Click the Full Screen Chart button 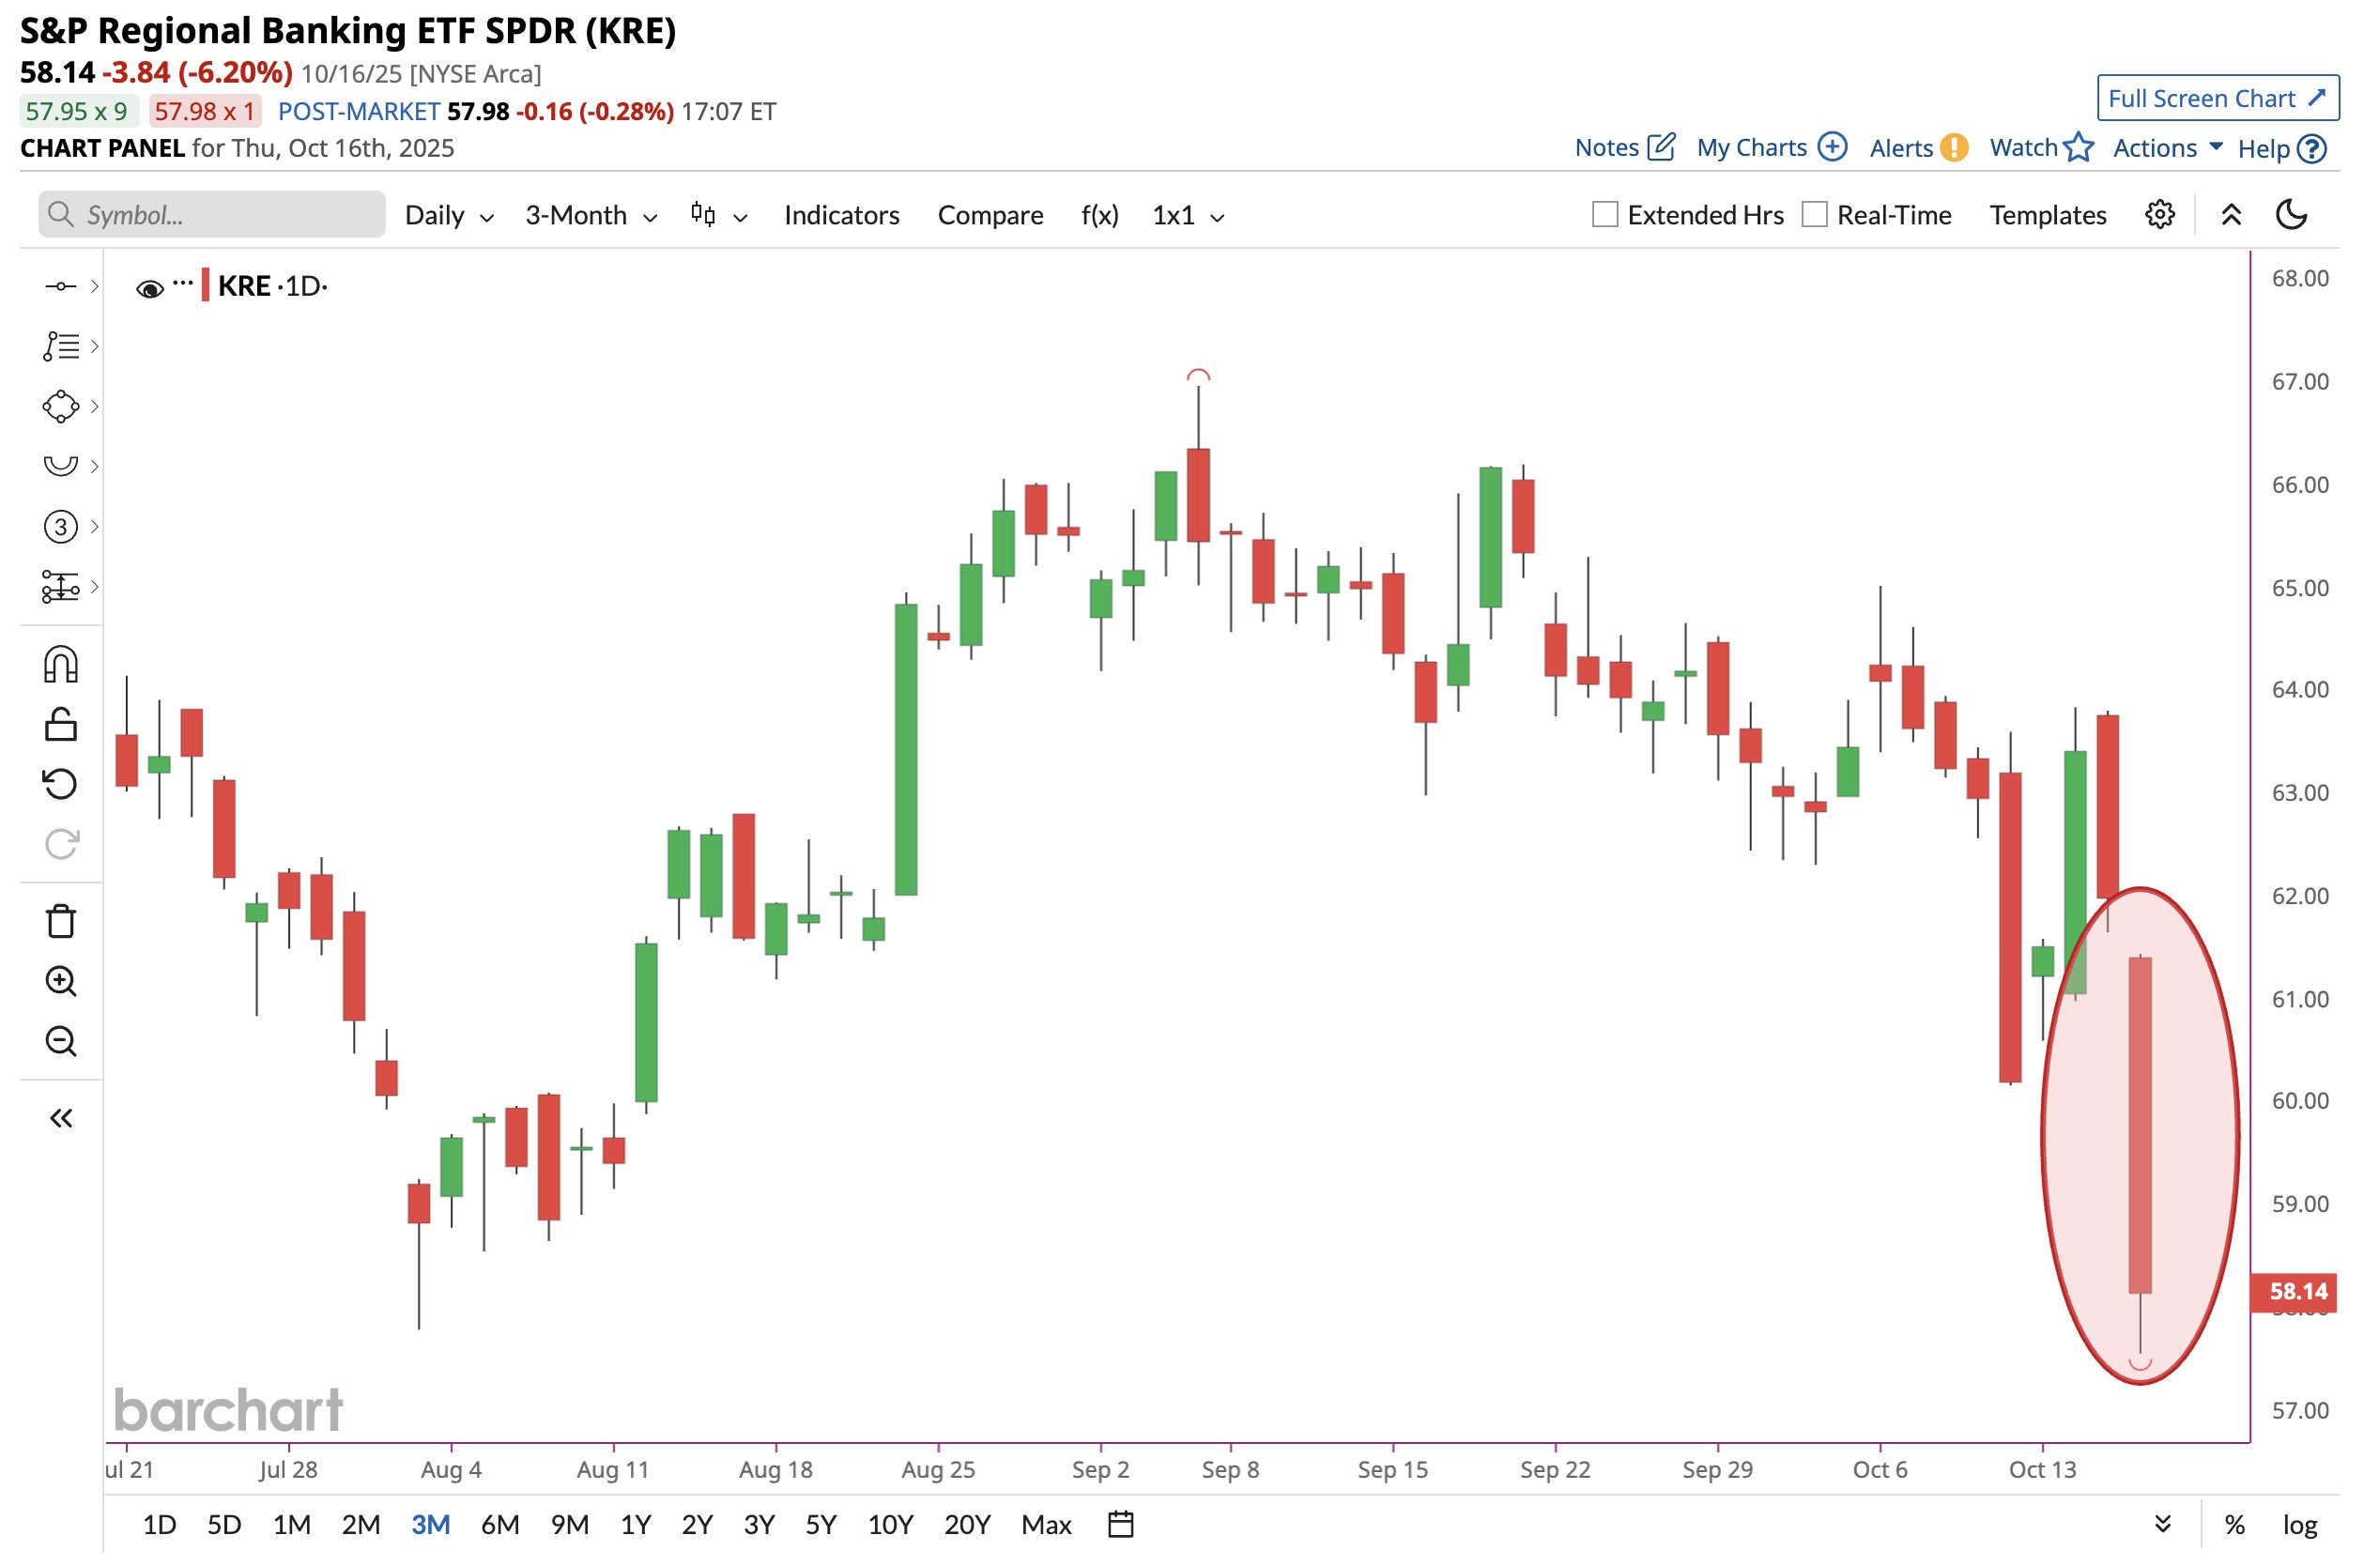pos(2217,98)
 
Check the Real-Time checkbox pos(1814,215)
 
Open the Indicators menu pos(841,215)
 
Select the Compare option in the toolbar pos(990,215)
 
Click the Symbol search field pos(212,215)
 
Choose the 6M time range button pos(499,1525)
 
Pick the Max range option pos(1046,1525)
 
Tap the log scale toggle pos(2299,1525)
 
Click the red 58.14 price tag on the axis pos(2296,1291)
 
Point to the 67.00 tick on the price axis pos(2299,381)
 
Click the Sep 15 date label pos(1392,1469)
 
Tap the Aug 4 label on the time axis pos(451,1469)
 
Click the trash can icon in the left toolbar pos(61,921)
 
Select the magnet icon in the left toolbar pos(61,664)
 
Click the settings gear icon pos(2159,215)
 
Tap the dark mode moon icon pos(2291,215)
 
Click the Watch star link pos(2040,147)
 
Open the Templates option pos(2048,215)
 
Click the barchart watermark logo pos(229,1409)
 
